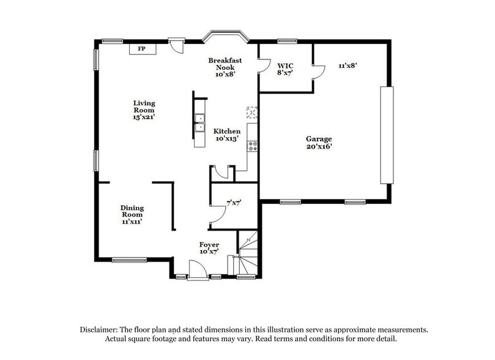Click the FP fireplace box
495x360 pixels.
point(143,49)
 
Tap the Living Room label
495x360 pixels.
point(144,110)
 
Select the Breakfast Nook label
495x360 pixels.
point(225,67)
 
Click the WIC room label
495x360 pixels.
point(285,69)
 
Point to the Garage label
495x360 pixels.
point(319,143)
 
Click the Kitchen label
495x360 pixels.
point(226,135)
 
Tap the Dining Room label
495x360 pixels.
point(132,215)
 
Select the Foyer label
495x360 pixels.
point(209,248)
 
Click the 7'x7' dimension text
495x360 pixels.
point(234,203)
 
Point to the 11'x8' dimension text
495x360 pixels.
point(348,66)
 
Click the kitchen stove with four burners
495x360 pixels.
point(252,146)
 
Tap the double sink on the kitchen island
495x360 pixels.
point(200,122)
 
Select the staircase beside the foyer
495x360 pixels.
point(248,253)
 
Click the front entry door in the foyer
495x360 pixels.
point(198,271)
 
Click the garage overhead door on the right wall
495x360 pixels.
point(387,135)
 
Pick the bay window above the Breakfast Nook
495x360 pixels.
point(225,36)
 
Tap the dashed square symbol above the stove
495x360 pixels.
point(252,113)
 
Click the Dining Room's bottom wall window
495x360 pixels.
point(130,260)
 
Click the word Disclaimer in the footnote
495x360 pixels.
point(99,330)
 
